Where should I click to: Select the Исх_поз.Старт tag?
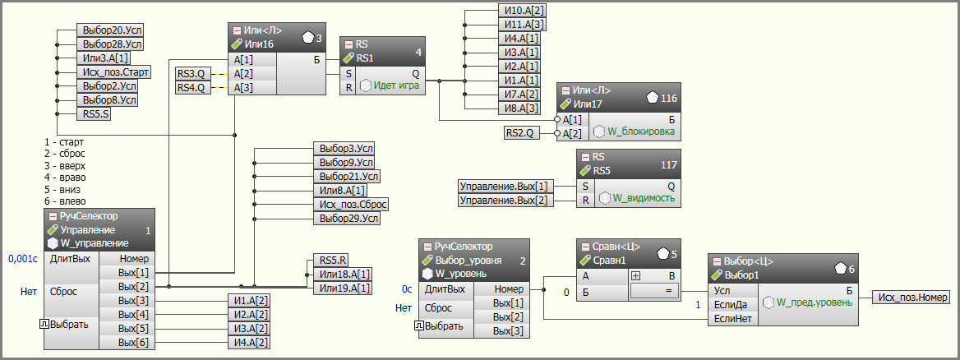(114, 72)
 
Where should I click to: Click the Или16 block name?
(259, 44)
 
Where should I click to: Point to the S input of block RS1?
(348, 73)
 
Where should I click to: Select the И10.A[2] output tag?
(521, 11)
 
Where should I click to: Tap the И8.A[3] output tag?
(519, 108)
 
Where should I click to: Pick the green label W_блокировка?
(640, 131)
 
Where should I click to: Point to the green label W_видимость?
(644, 198)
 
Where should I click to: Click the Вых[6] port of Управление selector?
(133, 343)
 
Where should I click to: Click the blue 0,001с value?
(23, 259)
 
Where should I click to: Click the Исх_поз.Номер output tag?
(911, 298)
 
